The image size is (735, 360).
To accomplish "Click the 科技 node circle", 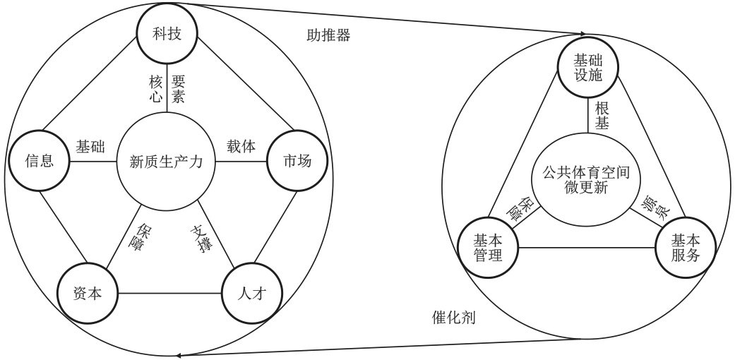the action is (167, 34).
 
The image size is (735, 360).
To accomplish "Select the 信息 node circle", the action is (39, 161).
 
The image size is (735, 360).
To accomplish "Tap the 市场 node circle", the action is (297, 162).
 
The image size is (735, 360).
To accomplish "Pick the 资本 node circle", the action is (87, 292).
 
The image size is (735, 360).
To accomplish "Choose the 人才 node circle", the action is (251, 292).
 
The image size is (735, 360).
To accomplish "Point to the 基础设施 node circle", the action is (588, 68).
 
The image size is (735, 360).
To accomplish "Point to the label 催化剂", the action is (453, 318).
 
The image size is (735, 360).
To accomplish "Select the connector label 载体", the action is (241, 147).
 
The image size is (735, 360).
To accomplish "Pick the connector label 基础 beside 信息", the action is (90, 147).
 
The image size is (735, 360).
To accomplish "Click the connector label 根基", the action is (602, 116).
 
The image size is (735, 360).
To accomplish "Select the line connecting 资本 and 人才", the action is (169, 292).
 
